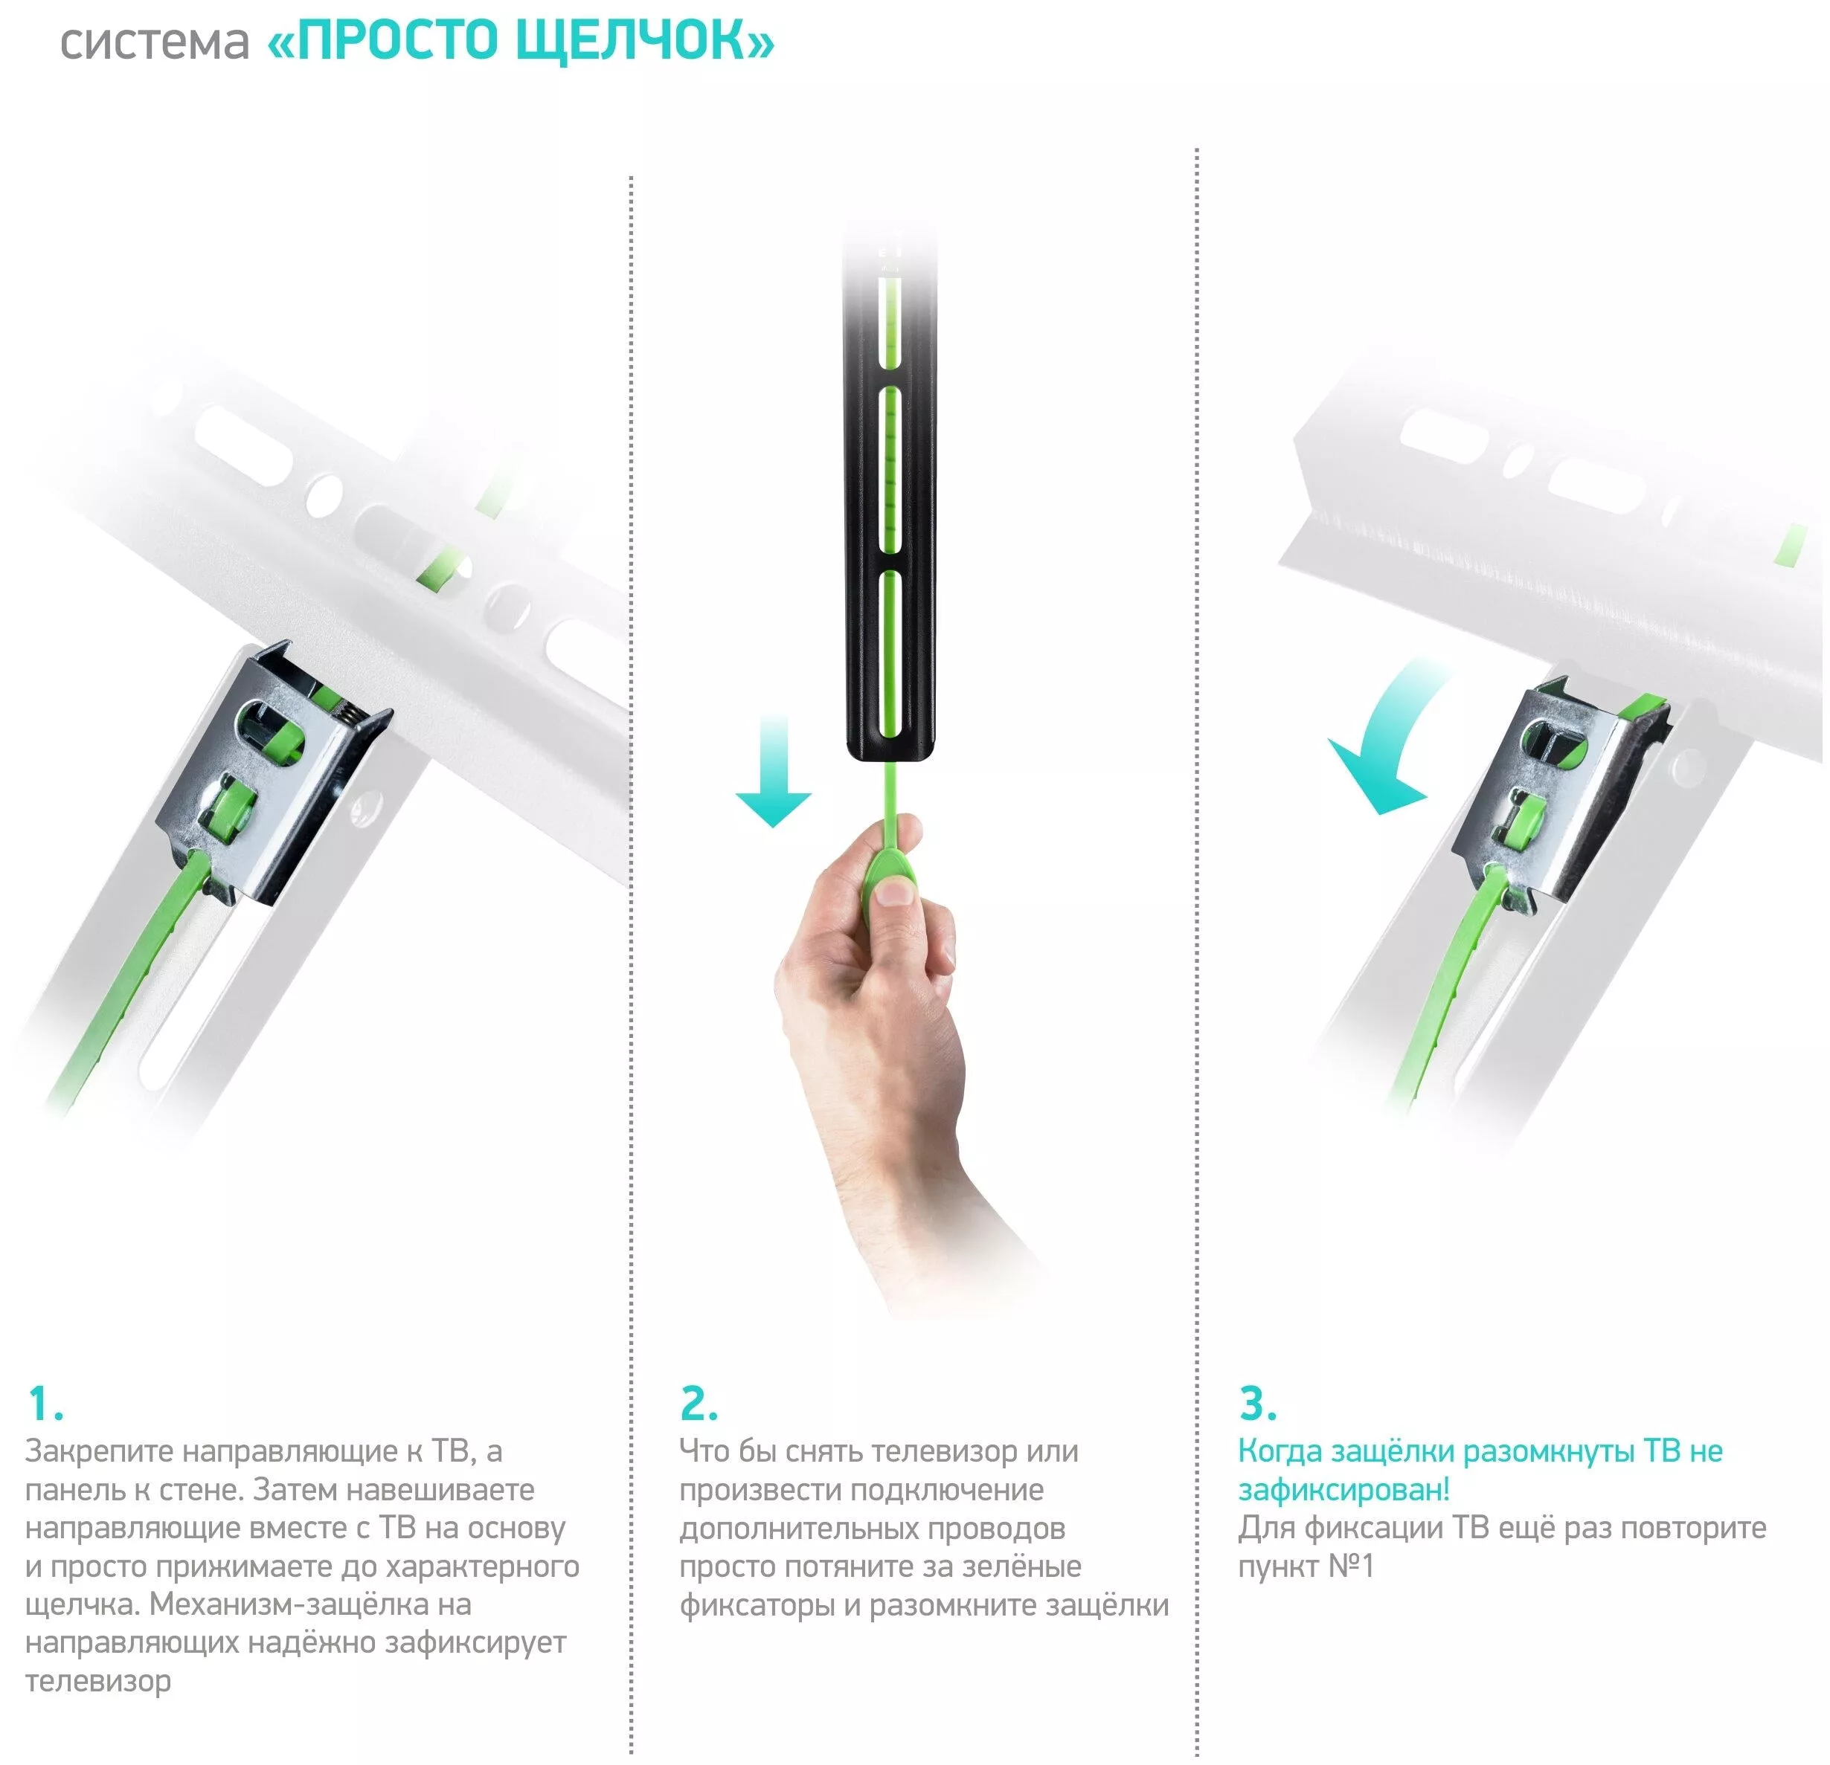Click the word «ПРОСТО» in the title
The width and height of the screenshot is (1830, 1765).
pyautogui.click(x=396, y=41)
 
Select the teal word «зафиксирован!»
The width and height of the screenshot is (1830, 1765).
pyautogui.click(x=1343, y=1491)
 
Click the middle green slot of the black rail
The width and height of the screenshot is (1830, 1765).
pyautogui.click(x=890, y=471)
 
